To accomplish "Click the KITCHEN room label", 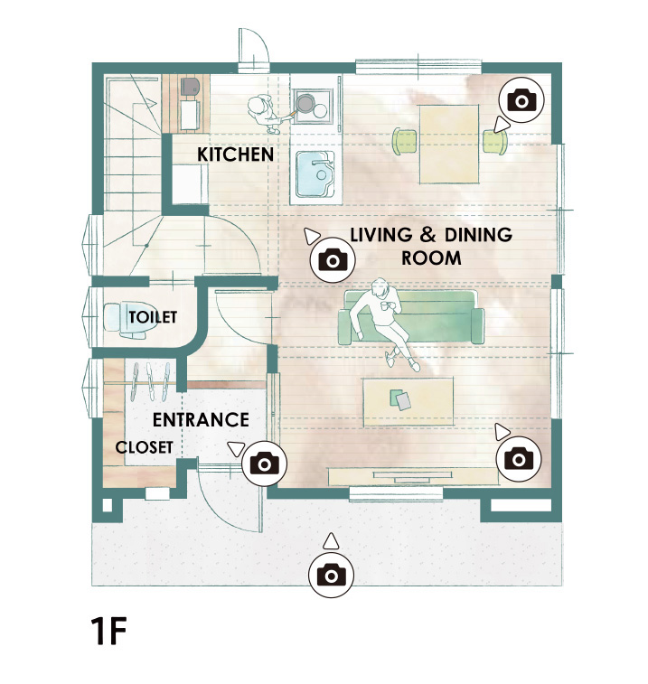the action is [x=235, y=155].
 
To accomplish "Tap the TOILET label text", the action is [x=153, y=317].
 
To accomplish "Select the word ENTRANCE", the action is [x=201, y=420].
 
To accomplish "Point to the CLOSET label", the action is [x=144, y=447].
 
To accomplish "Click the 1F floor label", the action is [x=108, y=631].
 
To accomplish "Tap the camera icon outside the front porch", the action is [x=331, y=574].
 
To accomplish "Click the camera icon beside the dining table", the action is [x=521, y=100].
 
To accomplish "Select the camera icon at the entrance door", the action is [x=265, y=464].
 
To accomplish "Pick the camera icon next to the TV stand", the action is [x=519, y=459].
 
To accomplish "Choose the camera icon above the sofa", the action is [x=333, y=260].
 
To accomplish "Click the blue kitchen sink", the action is [x=315, y=174].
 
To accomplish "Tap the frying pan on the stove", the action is [x=303, y=103].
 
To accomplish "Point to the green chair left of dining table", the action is [x=406, y=140].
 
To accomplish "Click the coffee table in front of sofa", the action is [x=409, y=401].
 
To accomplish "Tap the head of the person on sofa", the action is [x=380, y=288].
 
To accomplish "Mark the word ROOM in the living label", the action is [x=431, y=258].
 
